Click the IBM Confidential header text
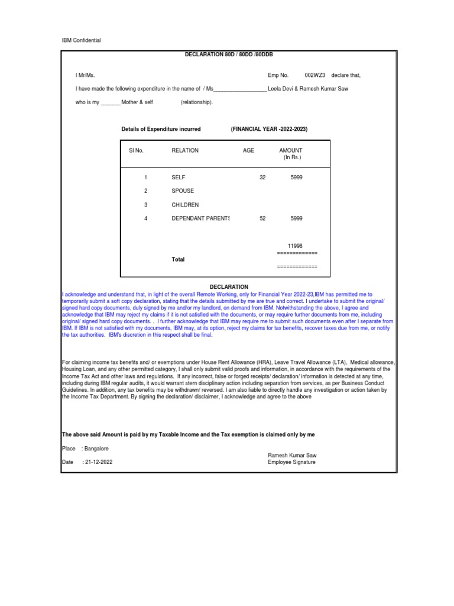(x=82, y=40)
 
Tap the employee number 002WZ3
(x=315, y=75)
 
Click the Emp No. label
(x=278, y=75)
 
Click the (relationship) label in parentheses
(x=196, y=102)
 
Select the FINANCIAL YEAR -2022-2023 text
(x=269, y=129)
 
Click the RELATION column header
(x=185, y=150)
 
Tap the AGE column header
(x=248, y=150)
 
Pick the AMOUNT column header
(x=294, y=150)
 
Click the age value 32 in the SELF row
(x=262, y=178)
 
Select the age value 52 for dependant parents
(x=262, y=218)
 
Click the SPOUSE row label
(x=183, y=191)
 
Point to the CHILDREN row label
(x=185, y=205)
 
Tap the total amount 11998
(x=295, y=246)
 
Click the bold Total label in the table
(x=178, y=259)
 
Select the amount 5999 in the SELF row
(x=296, y=178)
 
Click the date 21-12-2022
(x=98, y=462)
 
